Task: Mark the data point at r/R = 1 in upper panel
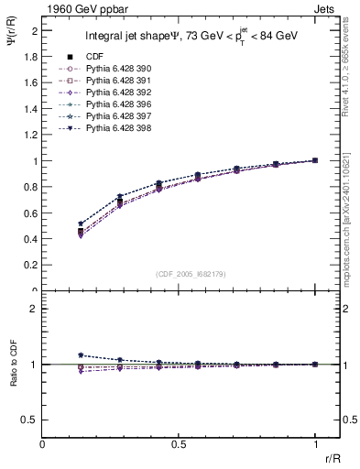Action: point(315,160)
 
